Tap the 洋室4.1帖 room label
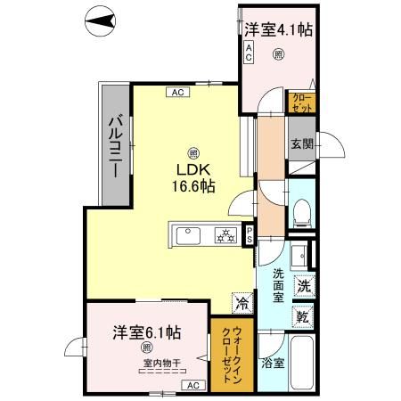tap(278, 29)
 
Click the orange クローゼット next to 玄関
tap(299, 102)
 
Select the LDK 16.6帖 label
tap(193, 177)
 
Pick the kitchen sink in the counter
tap(191, 236)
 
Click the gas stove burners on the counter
tap(226, 236)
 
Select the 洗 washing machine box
tap(303, 288)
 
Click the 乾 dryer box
tap(303, 317)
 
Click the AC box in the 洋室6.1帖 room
tap(192, 384)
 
